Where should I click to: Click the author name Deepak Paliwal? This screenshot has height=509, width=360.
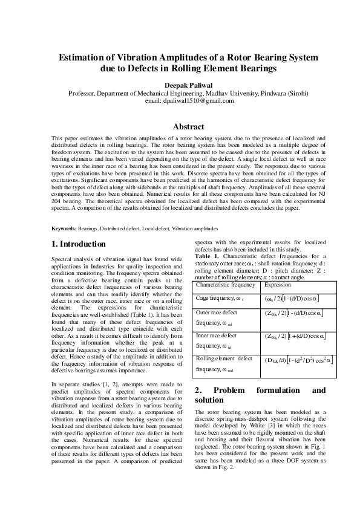(180, 85)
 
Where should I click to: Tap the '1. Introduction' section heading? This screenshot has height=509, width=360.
(79, 244)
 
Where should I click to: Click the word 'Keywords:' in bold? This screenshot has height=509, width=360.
(64, 228)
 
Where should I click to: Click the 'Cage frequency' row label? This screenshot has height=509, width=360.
(220, 298)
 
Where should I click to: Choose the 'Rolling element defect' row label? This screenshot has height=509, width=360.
(224, 358)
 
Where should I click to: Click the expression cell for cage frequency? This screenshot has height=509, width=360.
(292, 299)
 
